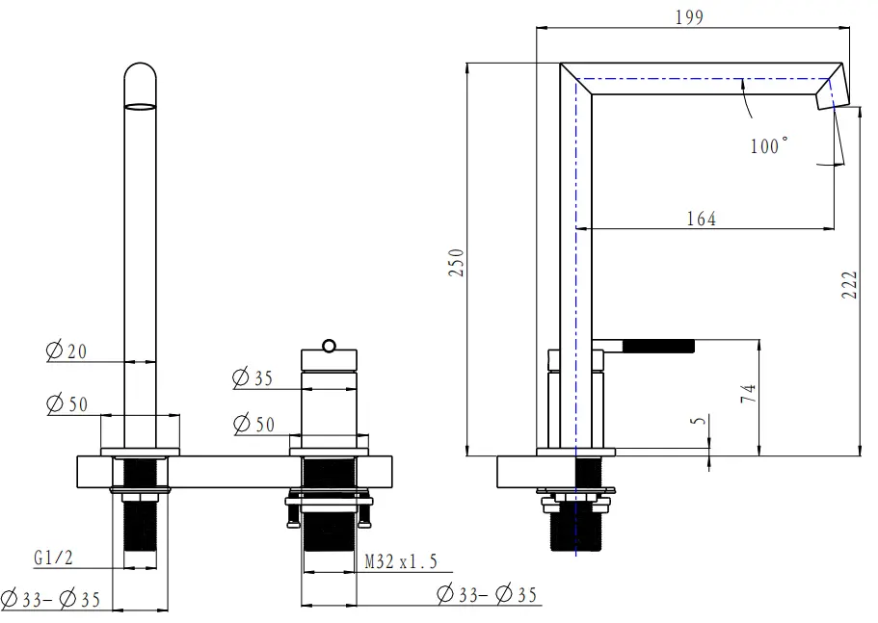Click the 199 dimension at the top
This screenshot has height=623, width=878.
pyautogui.click(x=689, y=16)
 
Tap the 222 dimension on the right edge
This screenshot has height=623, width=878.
pyautogui.click(x=849, y=284)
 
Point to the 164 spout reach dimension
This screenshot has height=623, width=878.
pyautogui.click(x=701, y=219)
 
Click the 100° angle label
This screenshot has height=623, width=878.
pyautogui.click(x=768, y=145)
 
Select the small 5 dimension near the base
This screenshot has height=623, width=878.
pyautogui.click(x=701, y=420)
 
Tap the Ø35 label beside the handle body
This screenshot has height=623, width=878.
pyautogui.click(x=253, y=378)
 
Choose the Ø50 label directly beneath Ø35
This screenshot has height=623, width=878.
pyautogui.click(x=253, y=424)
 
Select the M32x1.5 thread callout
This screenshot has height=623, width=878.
pyautogui.click(x=401, y=561)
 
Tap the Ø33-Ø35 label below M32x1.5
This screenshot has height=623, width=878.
pyautogui.click(x=486, y=595)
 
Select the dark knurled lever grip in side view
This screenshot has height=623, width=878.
pyautogui.click(x=661, y=345)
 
